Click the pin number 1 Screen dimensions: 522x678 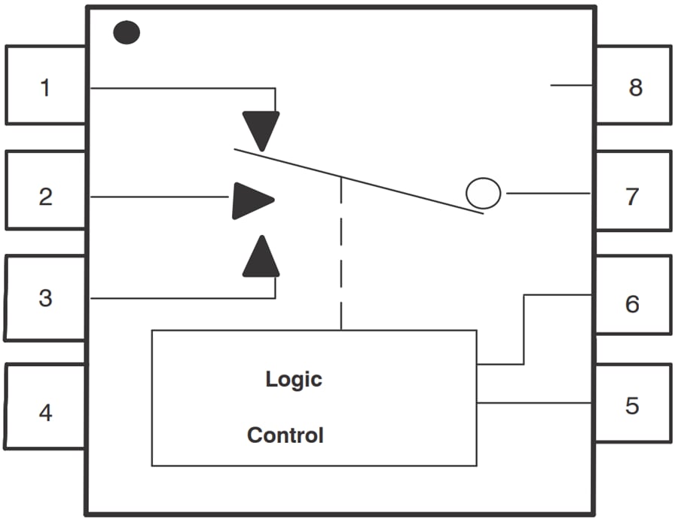pyautogui.click(x=45, y=87)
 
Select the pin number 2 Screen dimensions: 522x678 pyautogui.click(x=45, y=197)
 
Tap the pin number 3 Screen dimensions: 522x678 pyautogui.click(x=45, y=298)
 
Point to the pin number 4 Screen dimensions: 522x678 pyautogui.click(x=45, y=413)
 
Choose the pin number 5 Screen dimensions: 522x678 pyautogui.click(x=633, y=405)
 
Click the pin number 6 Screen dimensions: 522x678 pyautogui.click(x=633, y=304)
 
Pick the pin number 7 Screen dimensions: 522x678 pyautogui.click(x=633, y=197)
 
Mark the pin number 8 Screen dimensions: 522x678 pyautogui.click(x=635, y=87)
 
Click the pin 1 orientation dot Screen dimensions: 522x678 pyautogui.click(x=127, y=32)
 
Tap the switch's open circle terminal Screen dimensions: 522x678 pyautogui.click(x=483, y=193)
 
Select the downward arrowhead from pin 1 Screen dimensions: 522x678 pyautogui.click(x=261, y=130)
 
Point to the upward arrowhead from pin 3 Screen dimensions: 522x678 pyautogui.click(x=261, y=258)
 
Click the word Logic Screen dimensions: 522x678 pyautogui.click(x=293, y=379)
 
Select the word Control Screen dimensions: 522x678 pyautogui.click(x=286, y=435)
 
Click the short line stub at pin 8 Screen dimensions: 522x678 pyautogui.click(x=573, y=85)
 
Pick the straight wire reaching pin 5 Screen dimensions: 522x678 pyautogui.click(x=535, y=402)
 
